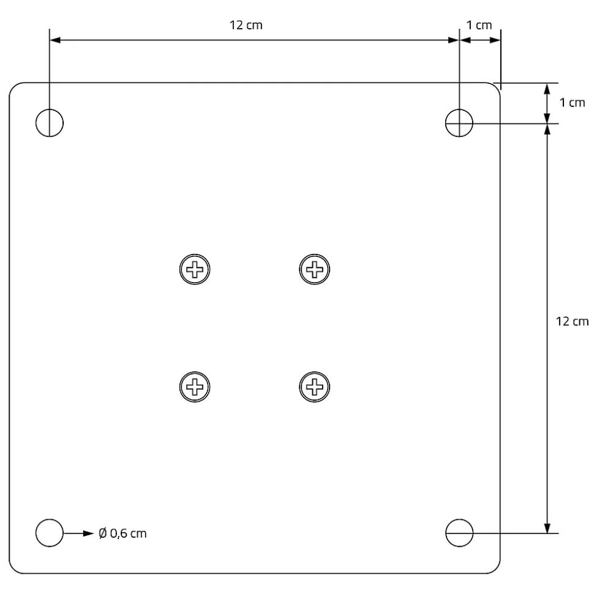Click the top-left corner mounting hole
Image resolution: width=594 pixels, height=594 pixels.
[36, 123]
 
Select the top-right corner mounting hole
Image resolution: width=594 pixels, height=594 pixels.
[445, 123]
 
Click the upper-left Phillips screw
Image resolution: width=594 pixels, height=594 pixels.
[195, 269]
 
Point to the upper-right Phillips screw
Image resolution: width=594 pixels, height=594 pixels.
[314, 269]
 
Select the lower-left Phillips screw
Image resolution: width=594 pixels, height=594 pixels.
[195, 387]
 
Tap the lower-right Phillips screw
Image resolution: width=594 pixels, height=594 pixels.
[314, 387]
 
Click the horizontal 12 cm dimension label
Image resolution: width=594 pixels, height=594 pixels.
[246, 25]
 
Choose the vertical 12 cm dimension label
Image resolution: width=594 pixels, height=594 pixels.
[572, 321]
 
